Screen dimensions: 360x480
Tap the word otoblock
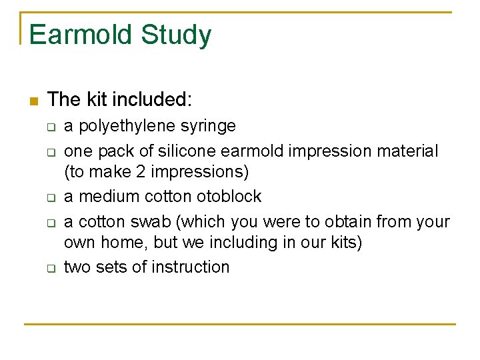pos(228,197)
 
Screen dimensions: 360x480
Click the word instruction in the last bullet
pos(191,267)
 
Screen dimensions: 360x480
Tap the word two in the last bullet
pos(77,267)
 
